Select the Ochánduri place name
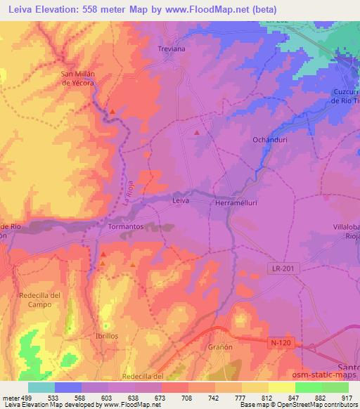click(x=267, y=140)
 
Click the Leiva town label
click(x=181, y=201)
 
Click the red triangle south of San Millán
click(x=112, y=111)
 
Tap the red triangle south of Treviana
click(x=197, y=131)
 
